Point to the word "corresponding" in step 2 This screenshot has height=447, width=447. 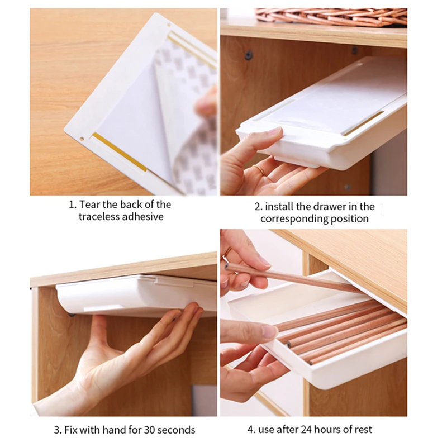[x=294, y=218]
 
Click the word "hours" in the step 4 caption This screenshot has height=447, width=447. [x=327, y=430]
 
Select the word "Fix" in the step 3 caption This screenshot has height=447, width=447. [x=73, y=430]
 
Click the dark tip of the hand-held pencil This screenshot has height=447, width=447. [x=227, y=266]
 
